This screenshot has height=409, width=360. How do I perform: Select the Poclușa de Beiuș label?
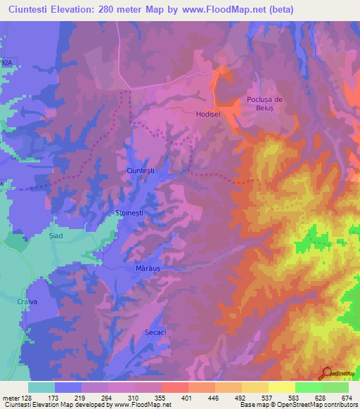point(264,104)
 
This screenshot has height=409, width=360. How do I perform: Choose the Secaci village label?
point(155,332)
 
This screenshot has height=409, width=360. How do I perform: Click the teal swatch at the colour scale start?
point(41,387)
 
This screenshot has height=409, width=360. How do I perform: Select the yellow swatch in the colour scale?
point(281,387)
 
